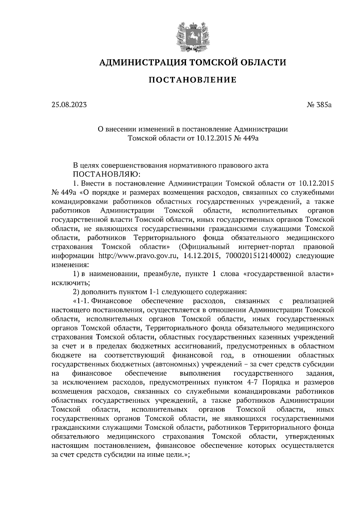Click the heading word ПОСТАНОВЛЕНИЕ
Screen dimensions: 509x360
click(193, 80)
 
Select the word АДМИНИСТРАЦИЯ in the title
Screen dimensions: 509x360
click(140, 62)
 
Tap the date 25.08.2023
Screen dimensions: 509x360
click(69, 105)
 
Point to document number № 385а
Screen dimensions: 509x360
click(319, 105)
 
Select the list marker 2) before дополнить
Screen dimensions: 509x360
click(76, 292)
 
